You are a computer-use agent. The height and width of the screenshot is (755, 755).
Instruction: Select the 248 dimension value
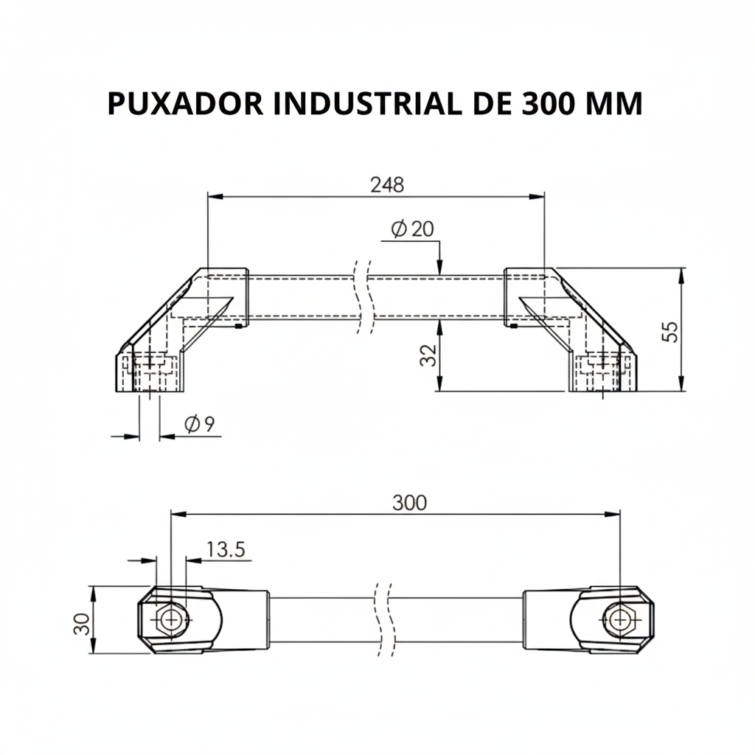[386, 184]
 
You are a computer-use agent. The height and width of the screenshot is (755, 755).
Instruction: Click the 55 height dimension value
[669, 330]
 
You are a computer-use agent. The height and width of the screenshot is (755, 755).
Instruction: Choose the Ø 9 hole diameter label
[199, 424]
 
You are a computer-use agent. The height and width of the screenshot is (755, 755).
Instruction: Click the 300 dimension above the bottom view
[408, 503]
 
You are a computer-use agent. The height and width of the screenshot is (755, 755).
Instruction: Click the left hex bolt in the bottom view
[171, 619]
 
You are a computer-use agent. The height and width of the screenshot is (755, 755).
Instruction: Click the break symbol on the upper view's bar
[362, 296]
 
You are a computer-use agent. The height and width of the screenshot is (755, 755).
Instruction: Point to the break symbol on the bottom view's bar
[383, 618]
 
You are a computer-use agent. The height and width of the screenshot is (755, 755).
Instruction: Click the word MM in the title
[613, 104]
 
